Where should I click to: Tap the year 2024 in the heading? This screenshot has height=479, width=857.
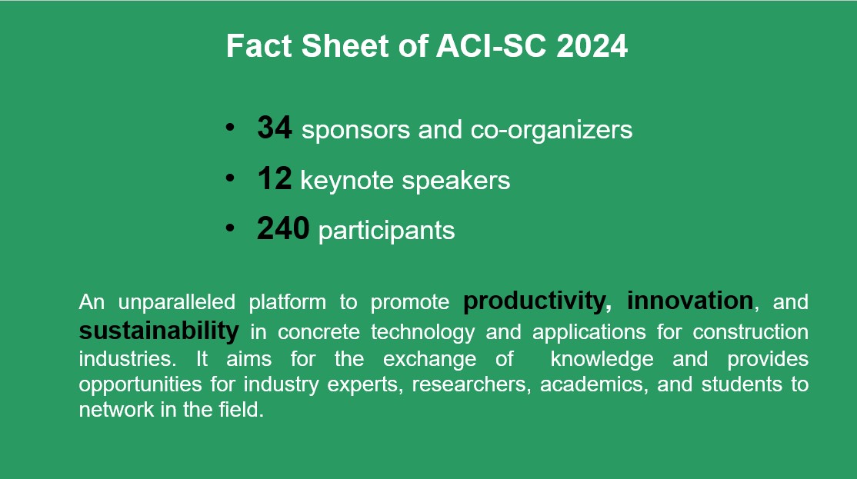point(592,46)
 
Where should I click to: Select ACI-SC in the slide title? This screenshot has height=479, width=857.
point(491,46)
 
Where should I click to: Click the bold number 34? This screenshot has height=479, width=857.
point(275,128)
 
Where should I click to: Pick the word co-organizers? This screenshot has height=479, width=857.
point(552,131)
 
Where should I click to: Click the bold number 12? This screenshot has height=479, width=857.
point(275,178)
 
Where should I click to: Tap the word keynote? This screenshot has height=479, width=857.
point(347,181)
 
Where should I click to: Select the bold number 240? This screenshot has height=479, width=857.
point(283,228)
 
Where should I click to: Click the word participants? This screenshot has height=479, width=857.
point(386,231)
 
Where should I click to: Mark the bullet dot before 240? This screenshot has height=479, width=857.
point(229,228)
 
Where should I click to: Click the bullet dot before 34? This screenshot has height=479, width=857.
point(229,128)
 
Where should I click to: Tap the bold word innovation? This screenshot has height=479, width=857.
point(690,301)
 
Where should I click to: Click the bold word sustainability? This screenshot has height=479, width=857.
point(159,331)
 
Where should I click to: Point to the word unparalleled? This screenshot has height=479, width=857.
point(177,302)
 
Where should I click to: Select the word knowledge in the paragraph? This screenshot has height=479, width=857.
point(602,359)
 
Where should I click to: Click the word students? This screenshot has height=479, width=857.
point(742,384)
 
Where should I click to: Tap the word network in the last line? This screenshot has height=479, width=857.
point(116,410)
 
